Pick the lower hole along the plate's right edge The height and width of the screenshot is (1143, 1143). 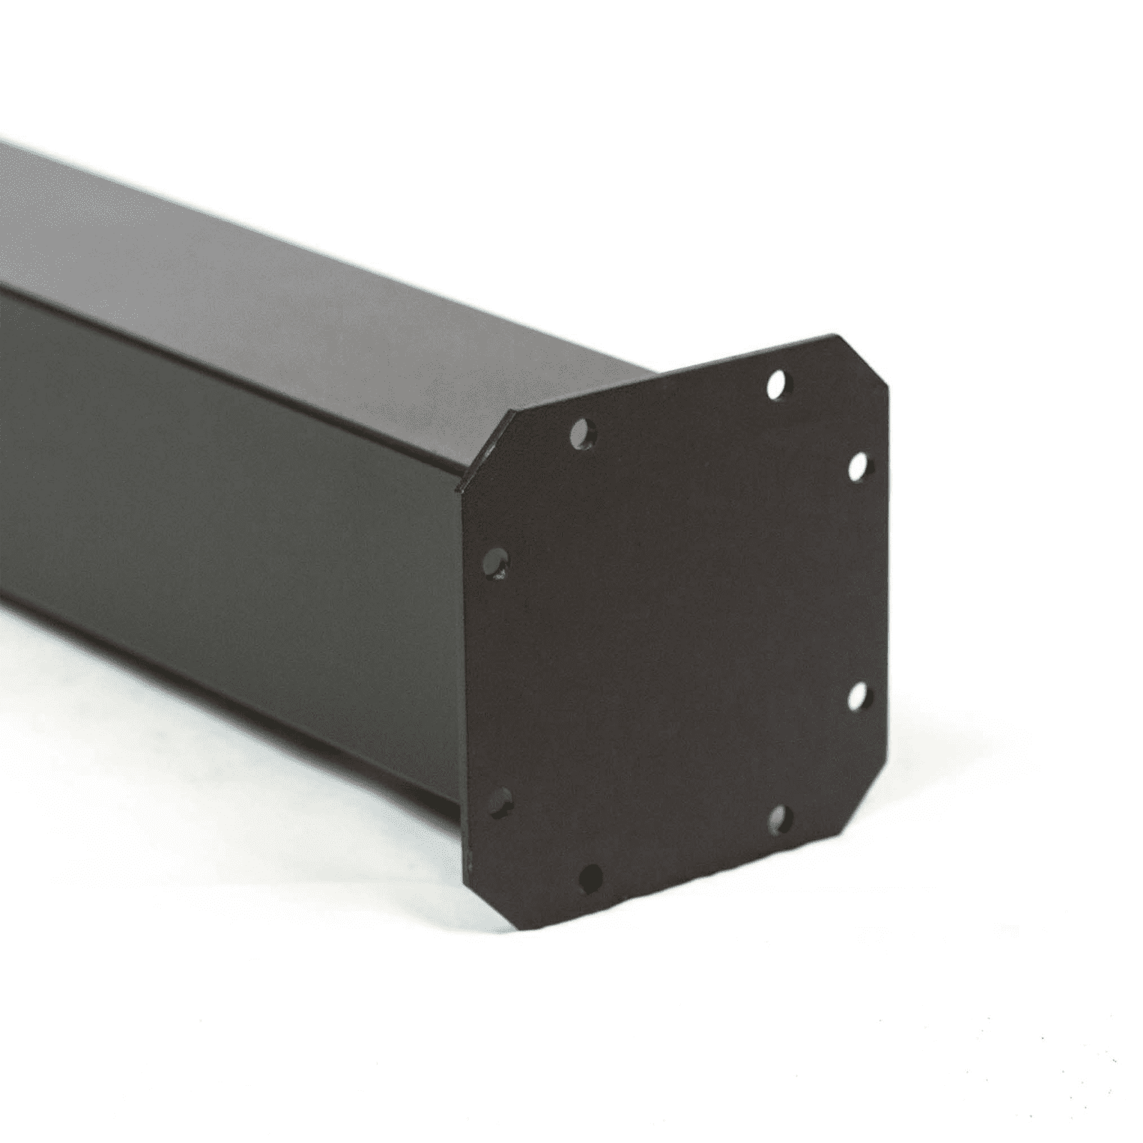pyautogui.click(x=858, y=696)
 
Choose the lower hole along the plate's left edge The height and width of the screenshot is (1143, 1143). pyautogui.click(x=501, y=802)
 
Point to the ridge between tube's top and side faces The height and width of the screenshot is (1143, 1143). pyautogui.click(x=214, y=357)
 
